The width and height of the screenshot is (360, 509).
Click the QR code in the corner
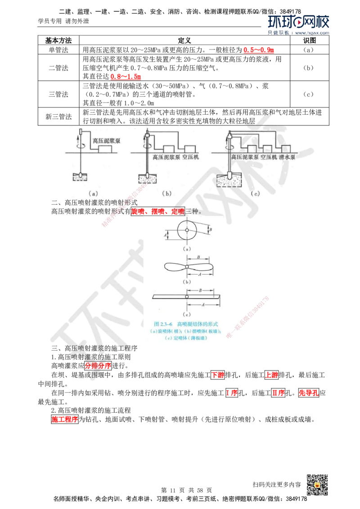[316, 485]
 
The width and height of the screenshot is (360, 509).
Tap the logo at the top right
[298, 24]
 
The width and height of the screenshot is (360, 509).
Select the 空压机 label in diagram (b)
[191, 158]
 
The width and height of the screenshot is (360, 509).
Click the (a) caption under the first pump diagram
[93, 194]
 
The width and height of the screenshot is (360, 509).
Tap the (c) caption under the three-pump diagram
[256, 194]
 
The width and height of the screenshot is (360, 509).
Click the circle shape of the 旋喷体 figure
[187, 231]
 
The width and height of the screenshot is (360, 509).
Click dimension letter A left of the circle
[166, 235]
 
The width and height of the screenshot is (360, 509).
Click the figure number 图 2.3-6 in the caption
[164, 324]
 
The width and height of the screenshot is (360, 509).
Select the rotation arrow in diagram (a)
[80, 146]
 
